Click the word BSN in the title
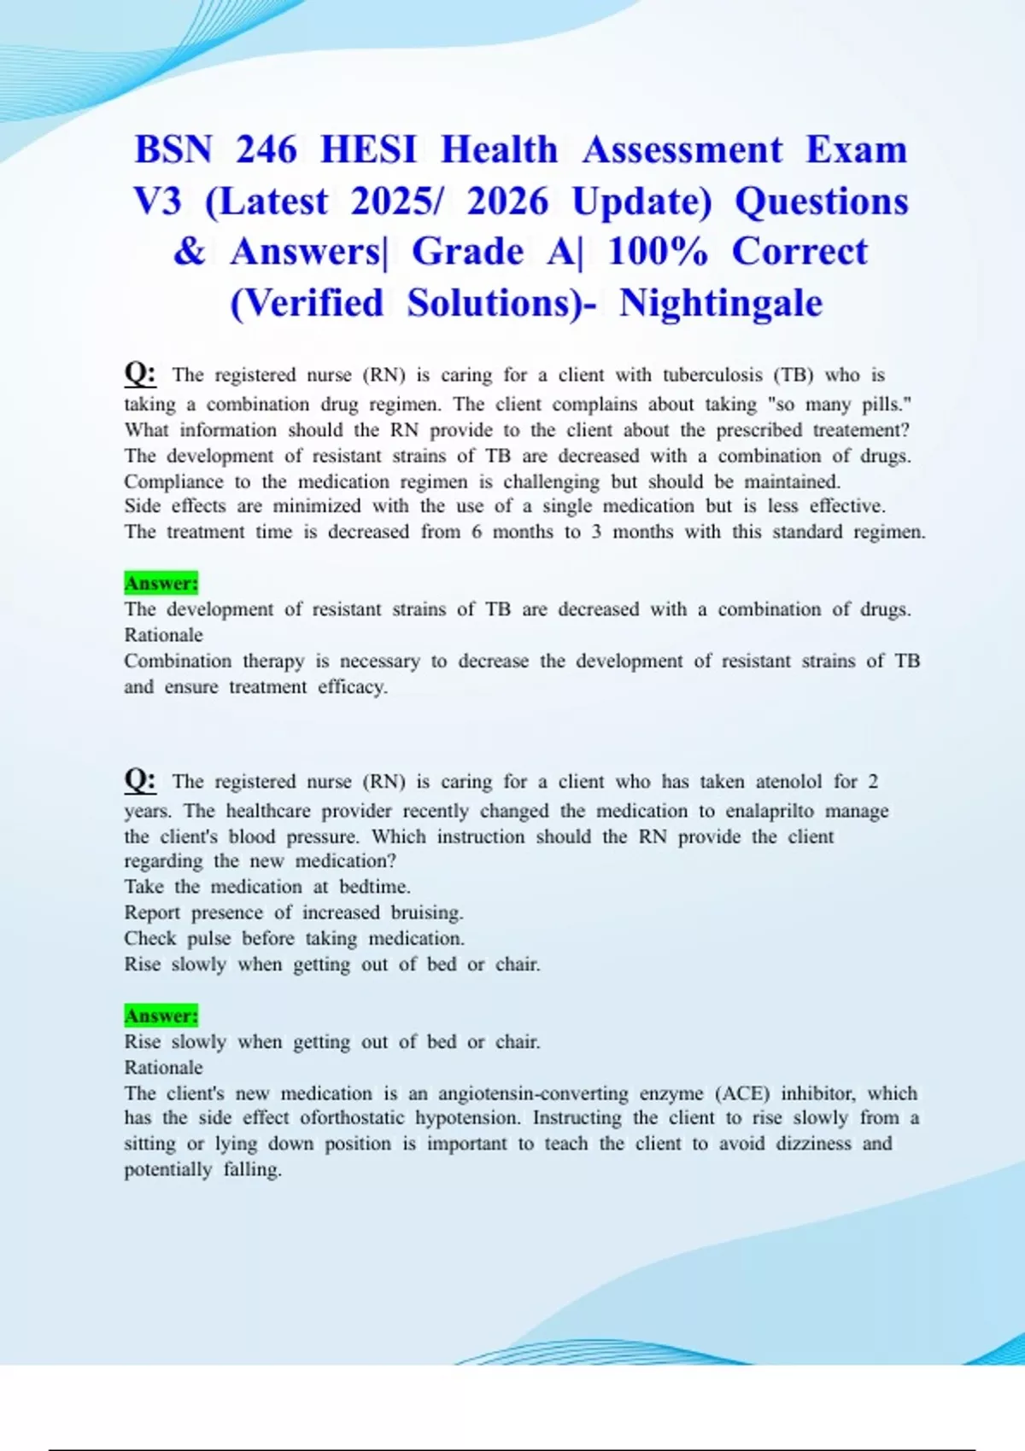(173, 150)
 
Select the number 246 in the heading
(266, 150)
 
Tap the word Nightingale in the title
(721, 303)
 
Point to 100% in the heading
(658, 252)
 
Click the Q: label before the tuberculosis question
(140, 373)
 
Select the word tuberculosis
(712, 376)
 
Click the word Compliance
(173, 481)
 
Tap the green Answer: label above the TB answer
(161, 583)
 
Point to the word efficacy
(353, 687)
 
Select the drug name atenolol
(789, 782)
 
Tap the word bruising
(427, 912)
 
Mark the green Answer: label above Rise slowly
(161, 1016)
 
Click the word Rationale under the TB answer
(163, 635)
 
